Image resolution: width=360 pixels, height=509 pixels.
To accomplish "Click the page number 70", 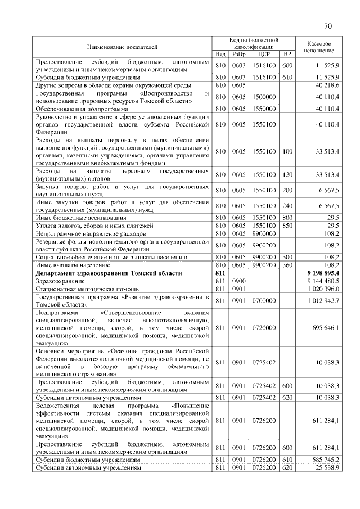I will (328, 26).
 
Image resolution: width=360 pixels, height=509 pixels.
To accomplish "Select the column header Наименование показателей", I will (122, 45).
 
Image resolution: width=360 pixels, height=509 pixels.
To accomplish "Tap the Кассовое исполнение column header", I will (319, 46).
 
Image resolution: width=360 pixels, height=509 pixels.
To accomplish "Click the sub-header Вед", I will (220, 54).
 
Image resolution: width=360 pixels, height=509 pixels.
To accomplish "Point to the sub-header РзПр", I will (239, 54).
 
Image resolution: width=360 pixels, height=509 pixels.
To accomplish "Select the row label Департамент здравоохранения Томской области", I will (109, 272).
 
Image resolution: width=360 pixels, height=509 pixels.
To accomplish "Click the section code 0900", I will (239, 280).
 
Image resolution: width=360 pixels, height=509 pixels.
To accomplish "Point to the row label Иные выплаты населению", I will (69, 264).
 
